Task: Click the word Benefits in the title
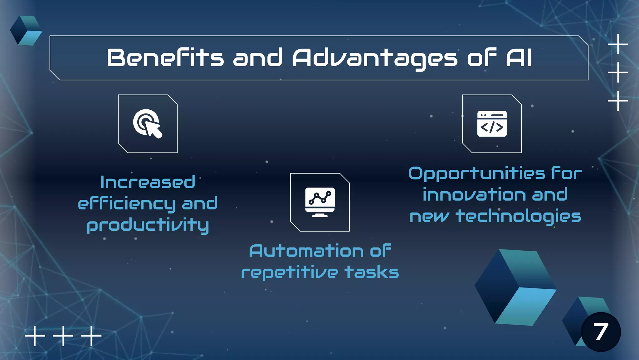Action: point(165,58)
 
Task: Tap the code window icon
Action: point(492,124)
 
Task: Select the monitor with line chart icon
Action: point(320,202)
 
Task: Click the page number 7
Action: point(601,332)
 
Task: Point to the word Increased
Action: point(148,182)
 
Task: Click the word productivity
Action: point(148,225)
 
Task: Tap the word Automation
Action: point(306,251)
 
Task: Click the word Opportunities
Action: point(477,174)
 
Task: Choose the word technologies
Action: point(518,217)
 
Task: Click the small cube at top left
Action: point(26,31)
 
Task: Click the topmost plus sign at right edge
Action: point(618,44)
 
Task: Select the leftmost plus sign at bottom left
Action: point(35,336)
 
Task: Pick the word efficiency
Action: point(126,204)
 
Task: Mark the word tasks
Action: point(372,272)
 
